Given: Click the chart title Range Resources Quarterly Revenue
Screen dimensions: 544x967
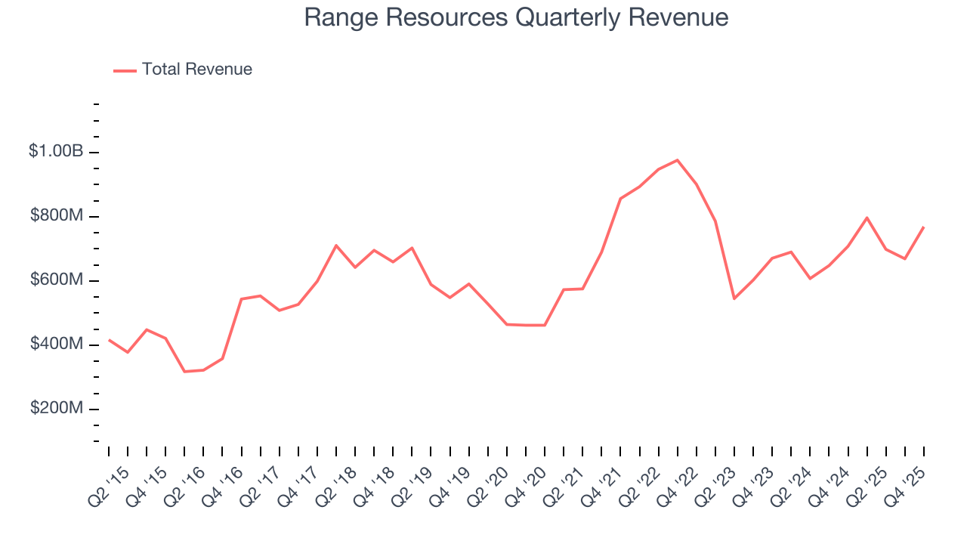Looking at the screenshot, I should (516, 17).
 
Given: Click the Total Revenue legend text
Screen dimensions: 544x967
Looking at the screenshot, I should (196, 70).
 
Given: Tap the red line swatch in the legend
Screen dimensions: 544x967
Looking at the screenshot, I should (125, 70).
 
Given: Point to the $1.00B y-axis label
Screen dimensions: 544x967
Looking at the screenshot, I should (56, 151).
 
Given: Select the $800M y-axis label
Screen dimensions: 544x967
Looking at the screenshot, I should (57, 216).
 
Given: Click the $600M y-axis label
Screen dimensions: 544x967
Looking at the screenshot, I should (57, 280).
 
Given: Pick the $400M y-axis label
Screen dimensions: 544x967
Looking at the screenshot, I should (57, 345).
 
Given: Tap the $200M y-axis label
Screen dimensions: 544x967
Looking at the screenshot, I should (57, 409).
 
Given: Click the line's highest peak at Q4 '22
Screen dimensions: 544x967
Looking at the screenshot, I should (678, 160).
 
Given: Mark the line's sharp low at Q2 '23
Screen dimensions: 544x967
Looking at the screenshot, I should (734, 298).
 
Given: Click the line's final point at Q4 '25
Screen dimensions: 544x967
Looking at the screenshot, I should (924, 227).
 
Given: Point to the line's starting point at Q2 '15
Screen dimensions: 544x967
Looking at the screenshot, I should (109, 340).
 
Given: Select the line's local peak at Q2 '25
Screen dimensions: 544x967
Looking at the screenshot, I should (867, 218).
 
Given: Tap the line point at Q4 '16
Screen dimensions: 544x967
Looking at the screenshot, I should (241, 299).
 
